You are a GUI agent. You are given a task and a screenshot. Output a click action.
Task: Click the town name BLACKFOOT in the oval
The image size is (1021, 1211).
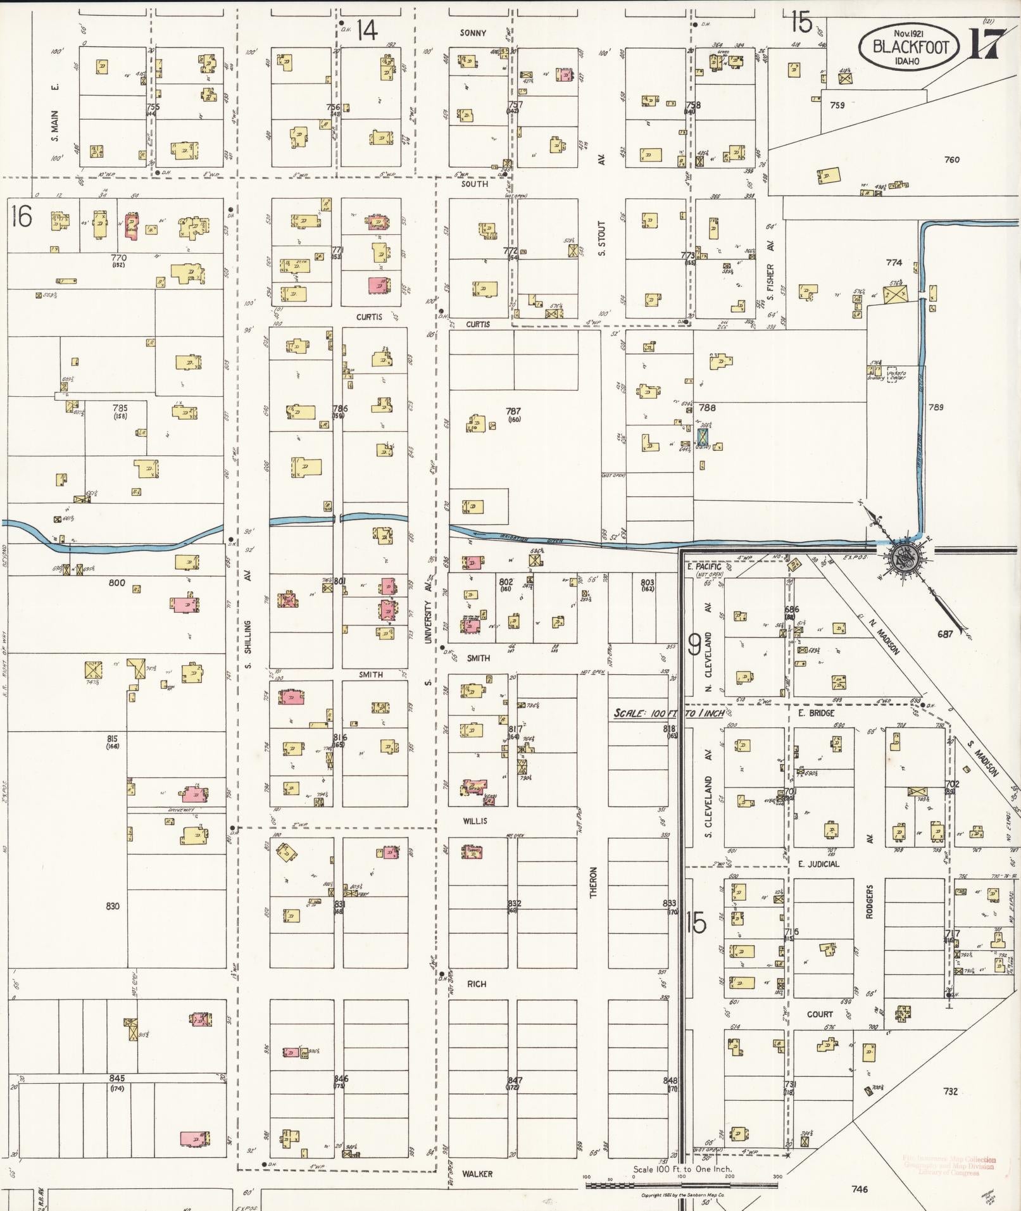coord(910,47)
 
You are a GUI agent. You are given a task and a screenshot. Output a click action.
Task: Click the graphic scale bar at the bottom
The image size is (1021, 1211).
coord(681,1177)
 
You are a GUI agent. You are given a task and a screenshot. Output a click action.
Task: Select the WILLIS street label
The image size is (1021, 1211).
coord(475,821)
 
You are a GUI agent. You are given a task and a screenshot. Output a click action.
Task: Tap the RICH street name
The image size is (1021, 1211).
coord(477,984)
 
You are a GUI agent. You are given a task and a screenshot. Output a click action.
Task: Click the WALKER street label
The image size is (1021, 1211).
coord(477,1174)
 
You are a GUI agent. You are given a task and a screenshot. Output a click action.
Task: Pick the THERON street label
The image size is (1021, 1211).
coord(594,882)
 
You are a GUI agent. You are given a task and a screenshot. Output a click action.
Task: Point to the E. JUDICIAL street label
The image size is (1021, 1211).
coord(818,864)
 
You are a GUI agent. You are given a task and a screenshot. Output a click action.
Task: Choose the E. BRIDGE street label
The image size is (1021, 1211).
coord(816,713)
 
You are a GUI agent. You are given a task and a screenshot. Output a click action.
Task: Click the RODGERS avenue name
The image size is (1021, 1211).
coord(870,902)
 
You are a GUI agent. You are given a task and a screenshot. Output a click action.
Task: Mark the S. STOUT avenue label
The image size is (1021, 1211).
coord(602,238)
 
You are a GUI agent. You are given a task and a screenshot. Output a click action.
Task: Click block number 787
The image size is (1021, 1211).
coord(513,411)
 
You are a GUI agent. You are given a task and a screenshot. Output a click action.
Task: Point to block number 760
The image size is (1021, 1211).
coord(951,160)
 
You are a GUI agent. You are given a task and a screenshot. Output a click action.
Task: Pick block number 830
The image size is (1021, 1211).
coord(112,907)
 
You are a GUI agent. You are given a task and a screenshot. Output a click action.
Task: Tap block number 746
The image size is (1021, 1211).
coord(860,1189)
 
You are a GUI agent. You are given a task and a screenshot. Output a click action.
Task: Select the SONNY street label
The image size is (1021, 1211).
coord(473,33)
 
